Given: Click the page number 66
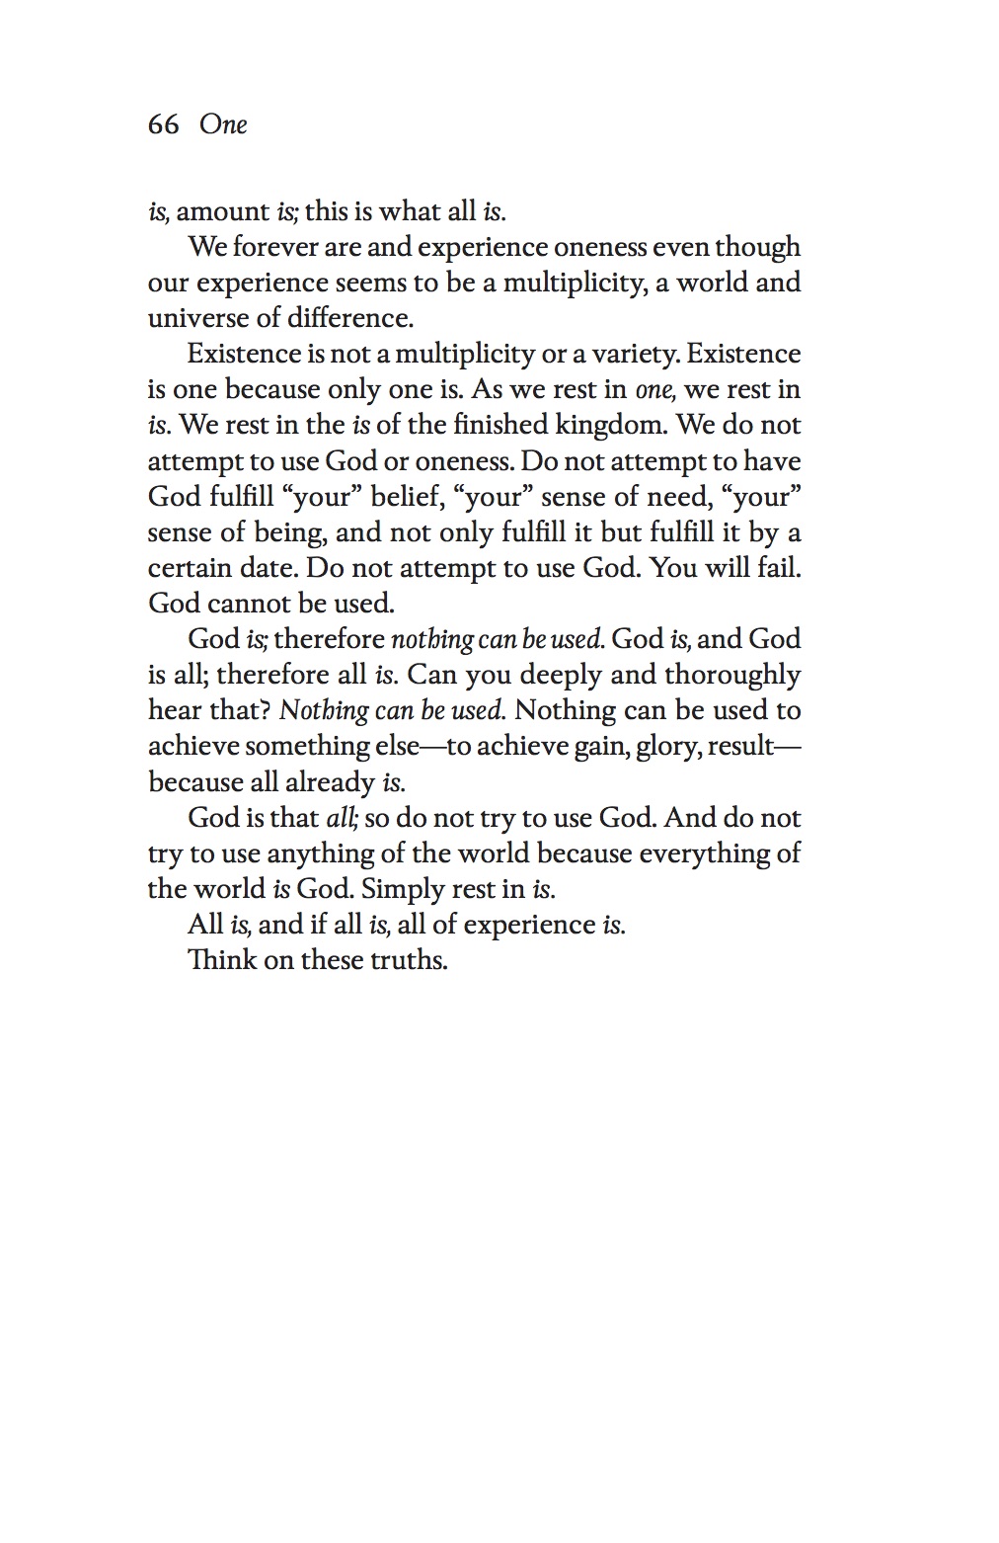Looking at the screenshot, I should pyautogui.click(x=163, y=124).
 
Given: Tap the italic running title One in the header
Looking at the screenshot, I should pyautogui.click(x=223, y=124).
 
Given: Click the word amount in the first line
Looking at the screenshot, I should pyautogui.click(x=222, y=211).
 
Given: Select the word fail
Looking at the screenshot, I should pyautogui.click(x=779, y=568).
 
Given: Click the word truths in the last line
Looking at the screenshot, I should pyautogui.click(x=409, y=960).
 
